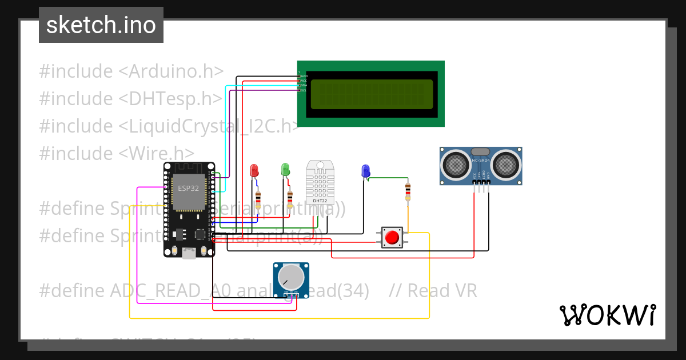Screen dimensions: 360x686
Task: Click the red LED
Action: click(x=254, y=170)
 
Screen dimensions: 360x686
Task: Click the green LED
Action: click(x=285, y=170)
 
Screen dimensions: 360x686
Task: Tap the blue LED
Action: click(x=366, y=171)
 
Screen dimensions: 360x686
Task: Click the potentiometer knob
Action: click(x=291, y=277)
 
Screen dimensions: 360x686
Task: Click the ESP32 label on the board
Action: click(x=188, y=188)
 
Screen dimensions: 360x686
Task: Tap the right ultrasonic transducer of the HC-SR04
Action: click(x=506, y=165)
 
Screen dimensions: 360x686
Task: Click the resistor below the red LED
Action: click(x=258, y=199)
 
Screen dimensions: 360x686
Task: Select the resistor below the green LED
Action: click(x=290, y=199)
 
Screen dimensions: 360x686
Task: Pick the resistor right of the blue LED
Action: click(x=408, y=192)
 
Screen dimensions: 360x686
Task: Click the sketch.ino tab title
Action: click(x=101, y=25)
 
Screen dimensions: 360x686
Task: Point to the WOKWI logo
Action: click(x=608, y=315)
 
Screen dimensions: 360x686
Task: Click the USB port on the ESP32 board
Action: click(x=188, y=253)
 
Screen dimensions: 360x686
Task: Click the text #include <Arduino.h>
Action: click(x=131, y=71)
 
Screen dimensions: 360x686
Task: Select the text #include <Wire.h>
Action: click(x=117, y=153)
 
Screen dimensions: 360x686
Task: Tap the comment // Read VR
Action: click(x=433, y=291)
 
